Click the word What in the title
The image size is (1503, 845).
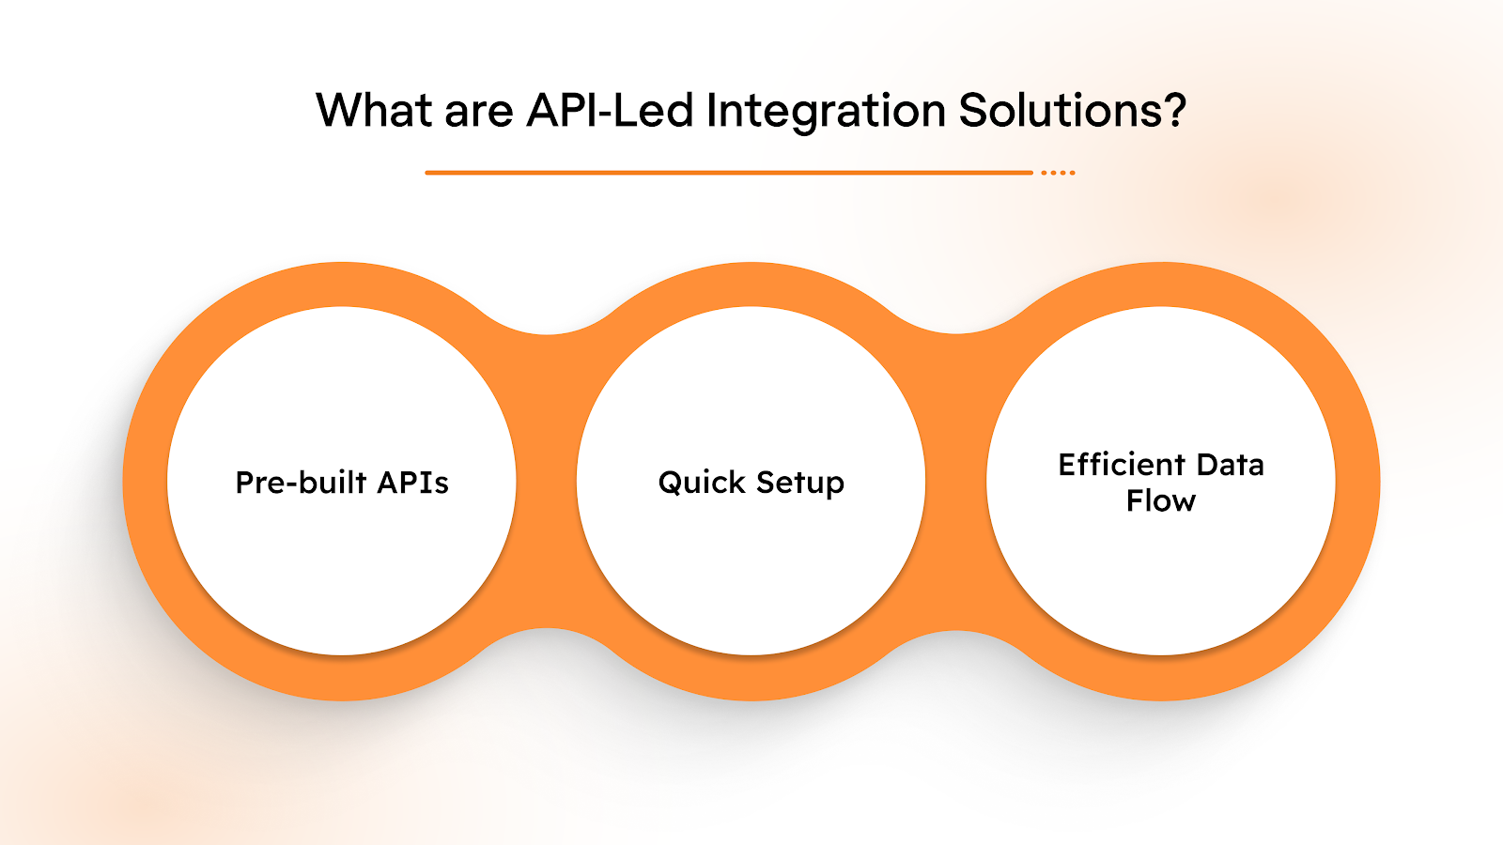[374, 111]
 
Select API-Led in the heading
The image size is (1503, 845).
[610, 111]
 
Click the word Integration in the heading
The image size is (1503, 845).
[826, 111]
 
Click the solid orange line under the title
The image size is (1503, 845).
[728, 173]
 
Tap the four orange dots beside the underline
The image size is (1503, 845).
[1058, 173]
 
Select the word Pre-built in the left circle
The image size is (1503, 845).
[301, 483]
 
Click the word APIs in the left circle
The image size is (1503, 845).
[413, 483]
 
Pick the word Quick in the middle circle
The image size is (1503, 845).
[702, 483]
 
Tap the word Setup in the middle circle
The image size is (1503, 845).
[800, 483]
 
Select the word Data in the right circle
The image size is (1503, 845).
[1231, 465]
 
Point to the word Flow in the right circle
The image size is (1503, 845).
[1161, 501]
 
